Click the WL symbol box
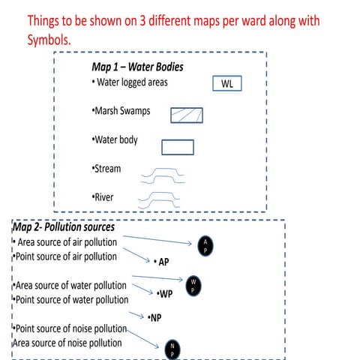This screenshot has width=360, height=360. click(x=227, y=84)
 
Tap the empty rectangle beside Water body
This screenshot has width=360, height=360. click(x=178, y=147)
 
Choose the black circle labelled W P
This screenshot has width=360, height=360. click(x=192, y=286)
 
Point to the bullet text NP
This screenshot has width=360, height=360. click(x=154, y=318)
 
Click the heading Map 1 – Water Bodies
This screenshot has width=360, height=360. click(x=137, y=67)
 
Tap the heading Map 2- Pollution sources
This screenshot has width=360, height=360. click(x=64, y=226)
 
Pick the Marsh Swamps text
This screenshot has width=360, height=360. click(x=120, y=111)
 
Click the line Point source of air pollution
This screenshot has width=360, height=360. click(x=65, y=256)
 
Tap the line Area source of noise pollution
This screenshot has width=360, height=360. click(x=67, y=343)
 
